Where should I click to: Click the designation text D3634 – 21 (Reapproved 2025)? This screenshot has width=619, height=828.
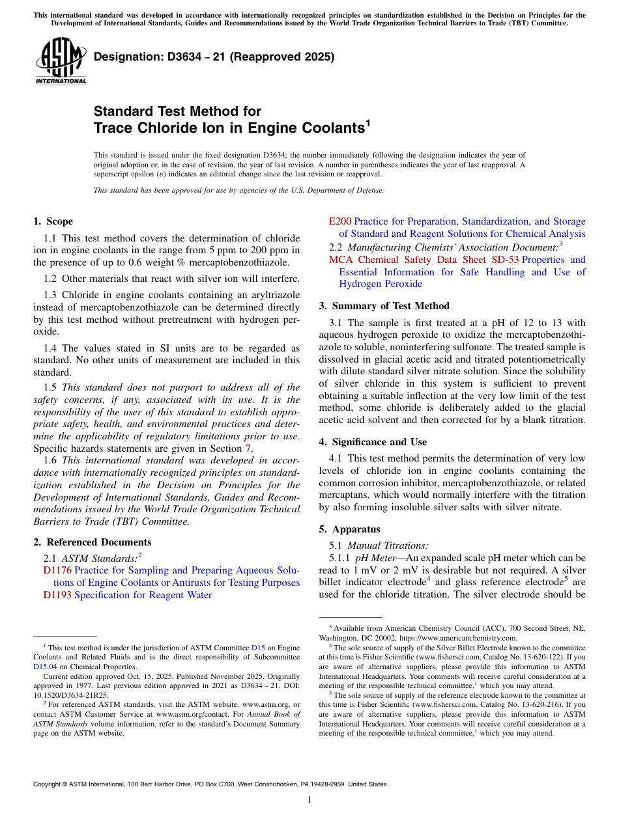coord(214,57)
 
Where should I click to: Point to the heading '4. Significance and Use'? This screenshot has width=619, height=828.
coord(373,442)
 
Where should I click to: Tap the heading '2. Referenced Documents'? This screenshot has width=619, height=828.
coord(93,542)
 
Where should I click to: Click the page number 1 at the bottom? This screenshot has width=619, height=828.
coord(309,799)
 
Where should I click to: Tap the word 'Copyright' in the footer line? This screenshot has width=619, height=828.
coord(48,784)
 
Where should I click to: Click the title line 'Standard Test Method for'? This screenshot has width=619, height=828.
coord(177,111)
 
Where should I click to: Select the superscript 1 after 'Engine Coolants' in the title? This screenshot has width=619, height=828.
coord(368,122)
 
